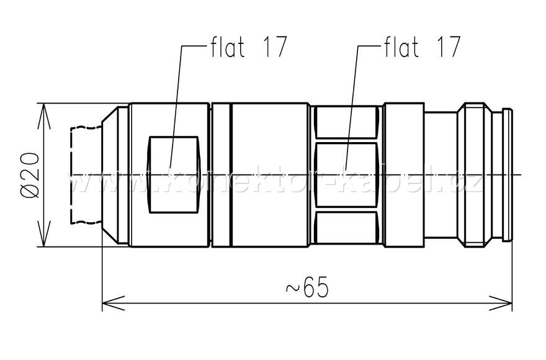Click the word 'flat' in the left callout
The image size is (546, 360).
pyautogui.click(x=226, y=47)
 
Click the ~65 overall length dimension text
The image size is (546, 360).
pyautogui.click(x=307, y=289)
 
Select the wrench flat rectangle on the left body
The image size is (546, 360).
pyautogui.click(x=173, y=175)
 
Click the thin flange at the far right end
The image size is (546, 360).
pyautogui.click(x=508, y=175)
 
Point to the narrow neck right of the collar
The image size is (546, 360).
pyautogui.click(x=440, y=175)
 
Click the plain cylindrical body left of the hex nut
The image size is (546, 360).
pyautogui.click(x=270, y=175)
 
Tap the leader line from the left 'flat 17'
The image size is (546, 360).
pyautogui.click(x=179, y=93)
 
